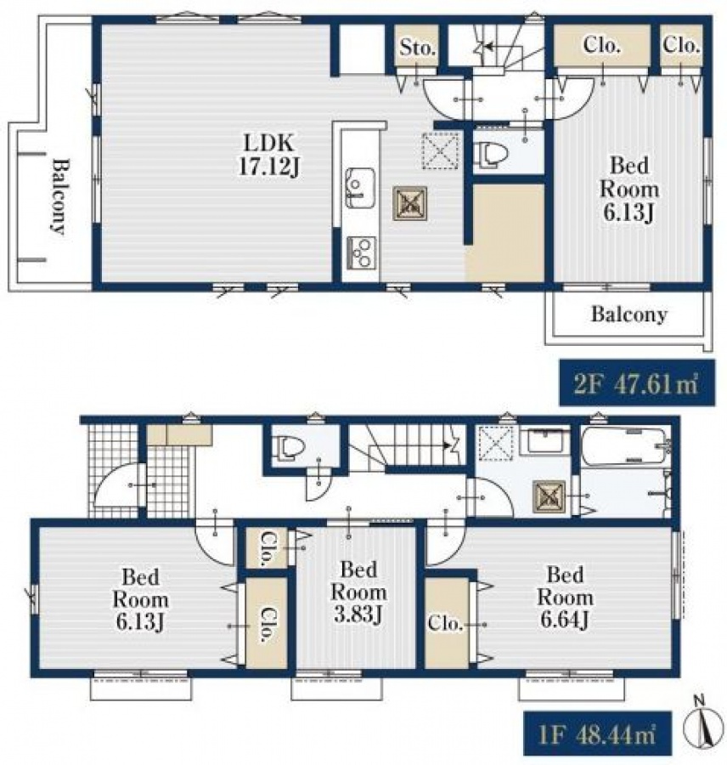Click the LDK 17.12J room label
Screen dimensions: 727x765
(x=269, y=156)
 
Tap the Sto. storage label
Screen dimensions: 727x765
(x=417, y=48)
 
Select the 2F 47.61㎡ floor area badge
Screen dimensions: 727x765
(x=637, y=382)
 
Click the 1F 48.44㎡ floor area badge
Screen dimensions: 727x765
(x=597, y=735)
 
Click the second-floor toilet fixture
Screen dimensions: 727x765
(x=491, y=154)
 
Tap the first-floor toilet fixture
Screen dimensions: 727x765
(x=289, y=448)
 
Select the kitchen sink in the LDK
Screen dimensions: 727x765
(x=360, y=188)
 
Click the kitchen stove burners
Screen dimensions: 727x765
(x=361, y=252)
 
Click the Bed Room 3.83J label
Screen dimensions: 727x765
(x=358, y=592)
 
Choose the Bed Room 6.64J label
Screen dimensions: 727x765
(x=565, y=597)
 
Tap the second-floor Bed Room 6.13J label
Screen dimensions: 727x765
(x=629, y=189)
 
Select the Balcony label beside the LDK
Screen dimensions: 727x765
(x=59, y=196)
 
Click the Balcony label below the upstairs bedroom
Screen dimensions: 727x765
(x=629, y=314)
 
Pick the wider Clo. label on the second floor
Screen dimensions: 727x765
(x=601, y=45)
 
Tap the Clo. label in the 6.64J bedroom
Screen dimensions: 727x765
(x=445, y=623)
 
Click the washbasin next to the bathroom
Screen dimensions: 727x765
(x=544, y=440)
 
